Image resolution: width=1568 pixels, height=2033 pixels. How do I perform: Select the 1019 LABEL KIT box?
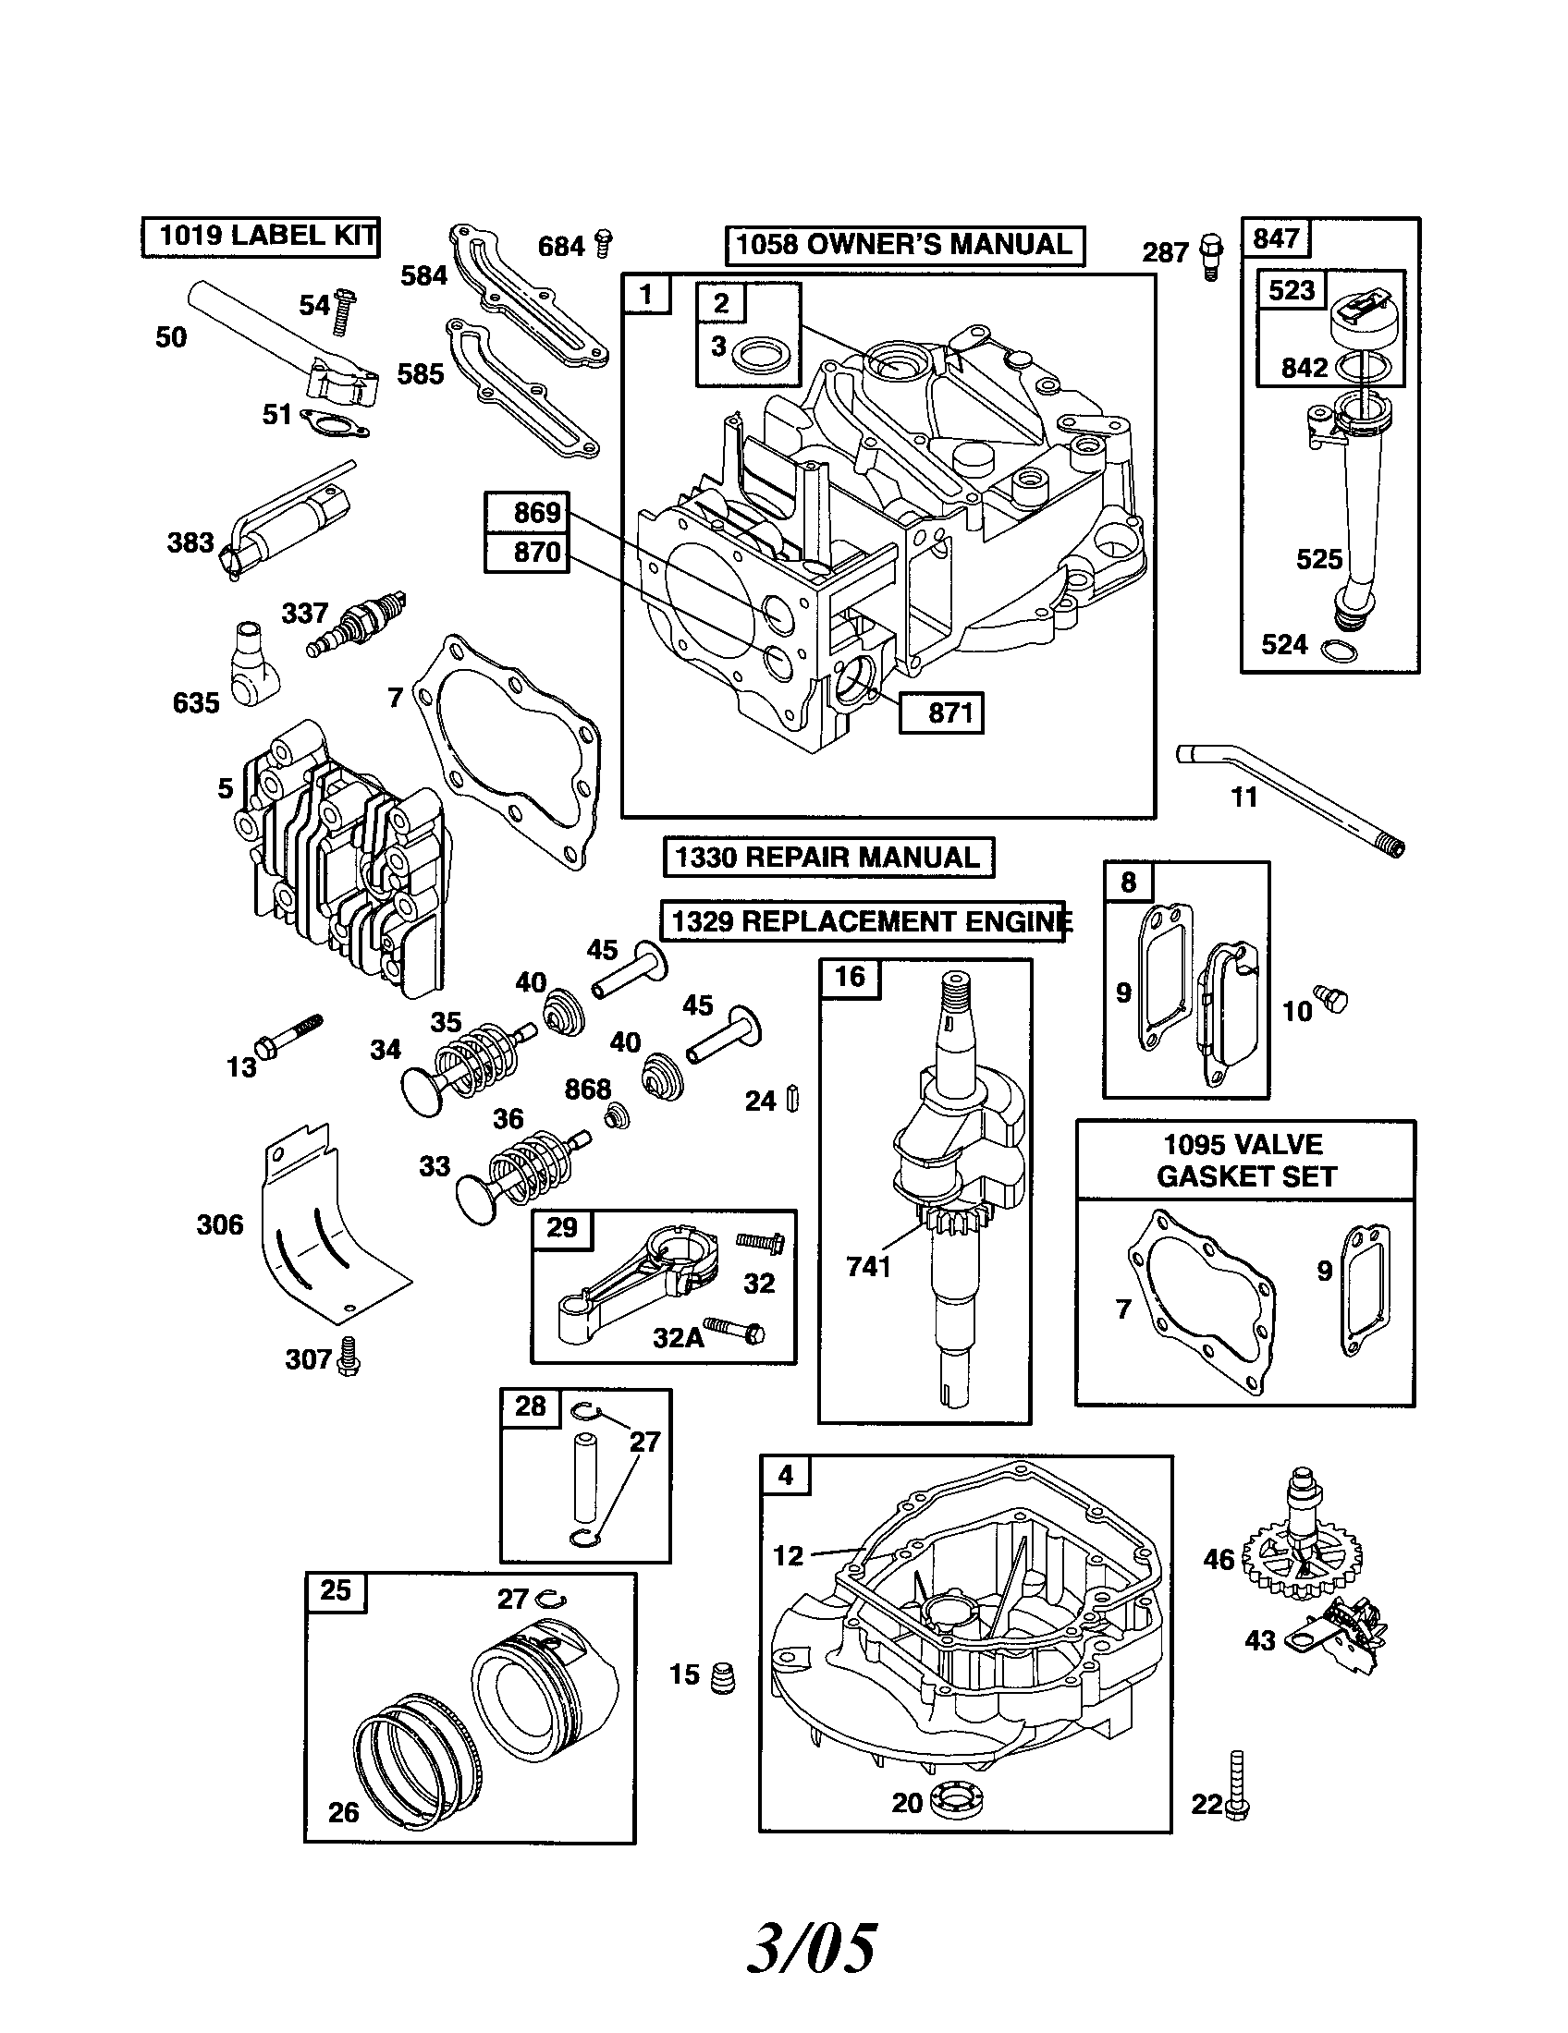(261, 236)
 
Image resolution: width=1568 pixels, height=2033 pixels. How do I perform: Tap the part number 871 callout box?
(941, 713)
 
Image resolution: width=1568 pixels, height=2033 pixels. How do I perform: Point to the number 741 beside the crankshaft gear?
(869, 1266)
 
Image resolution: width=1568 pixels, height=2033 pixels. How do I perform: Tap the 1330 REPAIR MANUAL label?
(827, 857)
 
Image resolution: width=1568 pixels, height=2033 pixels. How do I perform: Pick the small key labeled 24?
(792, 1099)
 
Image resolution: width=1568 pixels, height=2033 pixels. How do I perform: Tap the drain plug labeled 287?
(1212, 254)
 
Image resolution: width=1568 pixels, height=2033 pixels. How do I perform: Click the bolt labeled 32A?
(736, 1329)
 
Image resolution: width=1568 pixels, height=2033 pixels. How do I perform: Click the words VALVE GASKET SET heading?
(1245, 1160)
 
